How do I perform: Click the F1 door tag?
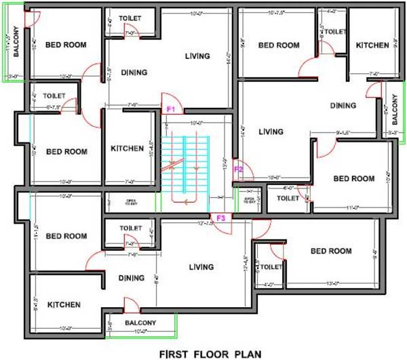[x=171, y=108]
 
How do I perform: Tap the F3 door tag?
[x=220, y=218]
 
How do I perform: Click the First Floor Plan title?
[x=204, y=353]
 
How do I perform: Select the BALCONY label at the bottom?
[x=140, y=323]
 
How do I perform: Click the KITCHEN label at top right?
[x=373, y=45]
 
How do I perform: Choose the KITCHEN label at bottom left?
[x=64, y=305]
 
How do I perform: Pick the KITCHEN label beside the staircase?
[x=127, y=148]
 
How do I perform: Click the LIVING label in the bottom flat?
[x=201, y=266]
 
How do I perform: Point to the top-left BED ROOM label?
[x=66, y=45]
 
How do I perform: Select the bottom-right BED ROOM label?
[x=330, y=251]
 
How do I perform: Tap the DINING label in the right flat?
[x=343, y=106]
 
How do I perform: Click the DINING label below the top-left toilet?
[x=134, y=72]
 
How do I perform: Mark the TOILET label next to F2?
[x=288, y=199]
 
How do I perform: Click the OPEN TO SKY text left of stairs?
[x=131, y=201]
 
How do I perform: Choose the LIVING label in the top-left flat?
[x=197, y=56]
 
